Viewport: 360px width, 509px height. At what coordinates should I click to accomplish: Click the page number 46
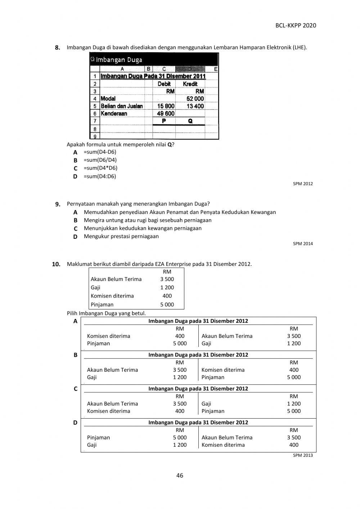180,475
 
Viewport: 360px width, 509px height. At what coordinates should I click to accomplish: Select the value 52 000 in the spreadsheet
195,99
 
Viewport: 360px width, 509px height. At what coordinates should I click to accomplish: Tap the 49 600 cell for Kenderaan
166,113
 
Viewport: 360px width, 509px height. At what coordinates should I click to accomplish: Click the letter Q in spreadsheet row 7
190,121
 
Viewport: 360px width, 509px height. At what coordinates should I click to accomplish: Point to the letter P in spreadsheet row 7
164,121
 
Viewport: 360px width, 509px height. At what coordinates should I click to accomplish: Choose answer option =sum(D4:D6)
100,176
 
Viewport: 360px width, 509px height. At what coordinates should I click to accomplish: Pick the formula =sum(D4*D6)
100,168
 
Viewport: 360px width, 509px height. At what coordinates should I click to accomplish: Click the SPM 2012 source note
303,184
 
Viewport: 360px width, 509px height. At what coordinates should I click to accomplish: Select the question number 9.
58,204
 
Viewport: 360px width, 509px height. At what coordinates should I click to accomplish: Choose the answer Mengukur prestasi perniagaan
121,236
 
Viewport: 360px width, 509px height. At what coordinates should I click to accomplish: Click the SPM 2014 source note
303,244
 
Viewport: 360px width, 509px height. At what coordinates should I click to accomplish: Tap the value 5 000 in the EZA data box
167,304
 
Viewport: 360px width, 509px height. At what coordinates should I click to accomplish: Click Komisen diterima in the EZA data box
112,296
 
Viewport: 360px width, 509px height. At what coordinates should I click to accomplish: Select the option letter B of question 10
75,355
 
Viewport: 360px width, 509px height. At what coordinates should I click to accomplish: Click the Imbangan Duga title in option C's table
198,388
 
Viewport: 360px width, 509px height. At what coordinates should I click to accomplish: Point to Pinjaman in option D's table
98,437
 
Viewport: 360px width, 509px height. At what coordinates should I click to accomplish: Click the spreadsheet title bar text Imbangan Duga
119,60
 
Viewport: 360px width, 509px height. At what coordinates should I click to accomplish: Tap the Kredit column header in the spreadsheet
190,84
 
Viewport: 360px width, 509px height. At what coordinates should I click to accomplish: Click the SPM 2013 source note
303,455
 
